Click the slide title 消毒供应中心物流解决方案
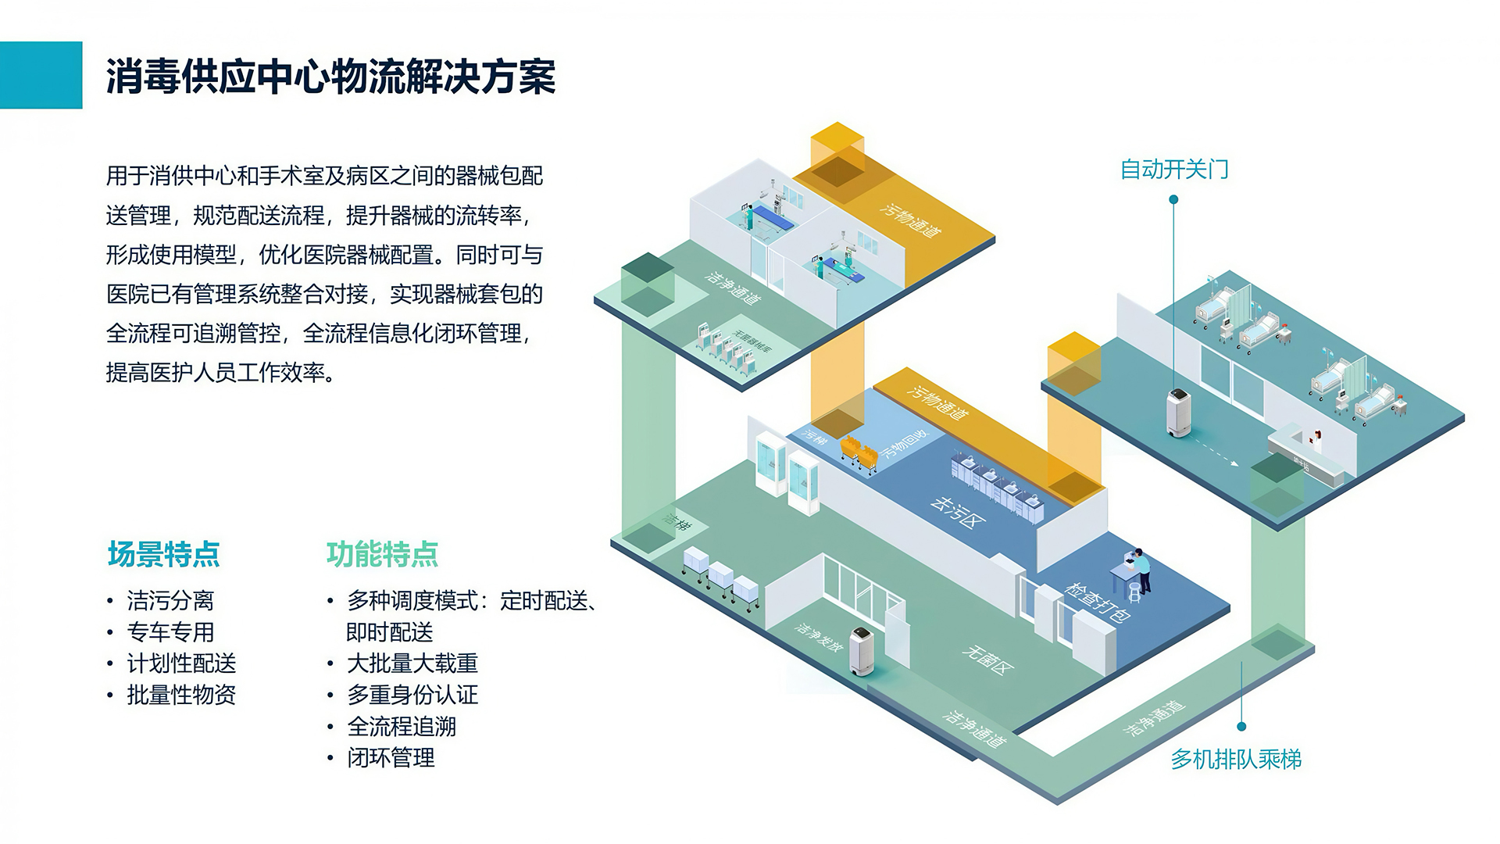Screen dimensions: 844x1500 tap(330, 77)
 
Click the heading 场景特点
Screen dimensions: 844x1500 tap(164, 554)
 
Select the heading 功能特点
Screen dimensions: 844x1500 tap(383, 554)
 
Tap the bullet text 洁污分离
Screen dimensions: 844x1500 tap(170, 601)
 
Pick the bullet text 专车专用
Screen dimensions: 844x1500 tap(170, 632)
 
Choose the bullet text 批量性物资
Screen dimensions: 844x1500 tap(181, 695)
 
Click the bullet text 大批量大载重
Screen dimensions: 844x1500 tap(412, 663)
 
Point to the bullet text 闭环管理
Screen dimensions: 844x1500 tap(391, 757)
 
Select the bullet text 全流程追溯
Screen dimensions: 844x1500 tap(402, 726)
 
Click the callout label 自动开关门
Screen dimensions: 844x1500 tap(1173, 169)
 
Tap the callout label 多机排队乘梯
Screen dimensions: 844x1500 tap(1235, 759)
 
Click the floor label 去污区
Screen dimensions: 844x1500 tap(957, 511)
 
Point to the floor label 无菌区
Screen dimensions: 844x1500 tap(988, 660)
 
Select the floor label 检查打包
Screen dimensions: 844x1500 tap(1097, 602)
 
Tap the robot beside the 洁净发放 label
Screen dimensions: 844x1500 tap(861, 651)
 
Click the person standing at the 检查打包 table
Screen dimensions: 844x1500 tap(1141, 570)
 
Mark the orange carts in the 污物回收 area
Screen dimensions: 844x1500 tap(859, 454)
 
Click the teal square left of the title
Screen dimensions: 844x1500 tap(41, 75)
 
